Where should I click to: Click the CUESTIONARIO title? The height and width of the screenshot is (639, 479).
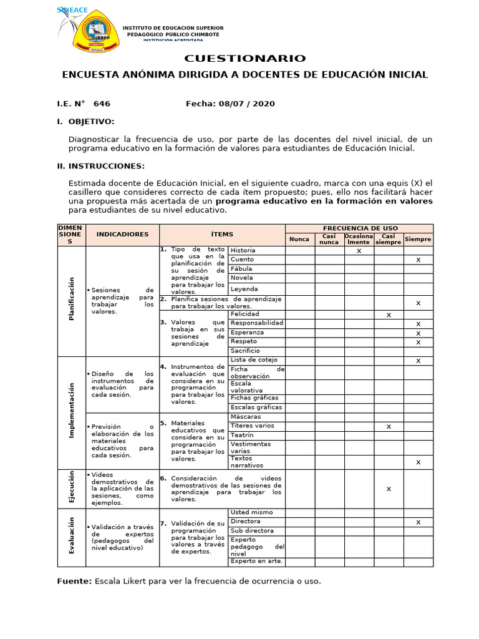[244, 59]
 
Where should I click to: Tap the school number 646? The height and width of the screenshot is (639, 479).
[101, 104]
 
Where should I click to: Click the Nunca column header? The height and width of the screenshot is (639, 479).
[299, 239]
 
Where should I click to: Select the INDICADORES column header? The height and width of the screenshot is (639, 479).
[122, 234]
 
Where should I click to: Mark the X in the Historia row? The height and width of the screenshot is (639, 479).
[359, 251]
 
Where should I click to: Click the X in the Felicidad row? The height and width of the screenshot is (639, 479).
[389, 315]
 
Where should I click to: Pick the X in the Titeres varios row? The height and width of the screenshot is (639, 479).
[389, 427]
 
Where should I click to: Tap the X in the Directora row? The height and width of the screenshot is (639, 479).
[419, 522]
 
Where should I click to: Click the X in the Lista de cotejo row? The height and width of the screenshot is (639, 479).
[419, 361]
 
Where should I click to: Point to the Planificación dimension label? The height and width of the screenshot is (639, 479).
[72, 299]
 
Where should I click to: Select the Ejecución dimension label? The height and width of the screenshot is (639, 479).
[72, 487]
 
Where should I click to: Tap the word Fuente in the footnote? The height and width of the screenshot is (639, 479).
[74, 581]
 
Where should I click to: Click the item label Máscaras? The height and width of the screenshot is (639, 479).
[245, 416]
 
